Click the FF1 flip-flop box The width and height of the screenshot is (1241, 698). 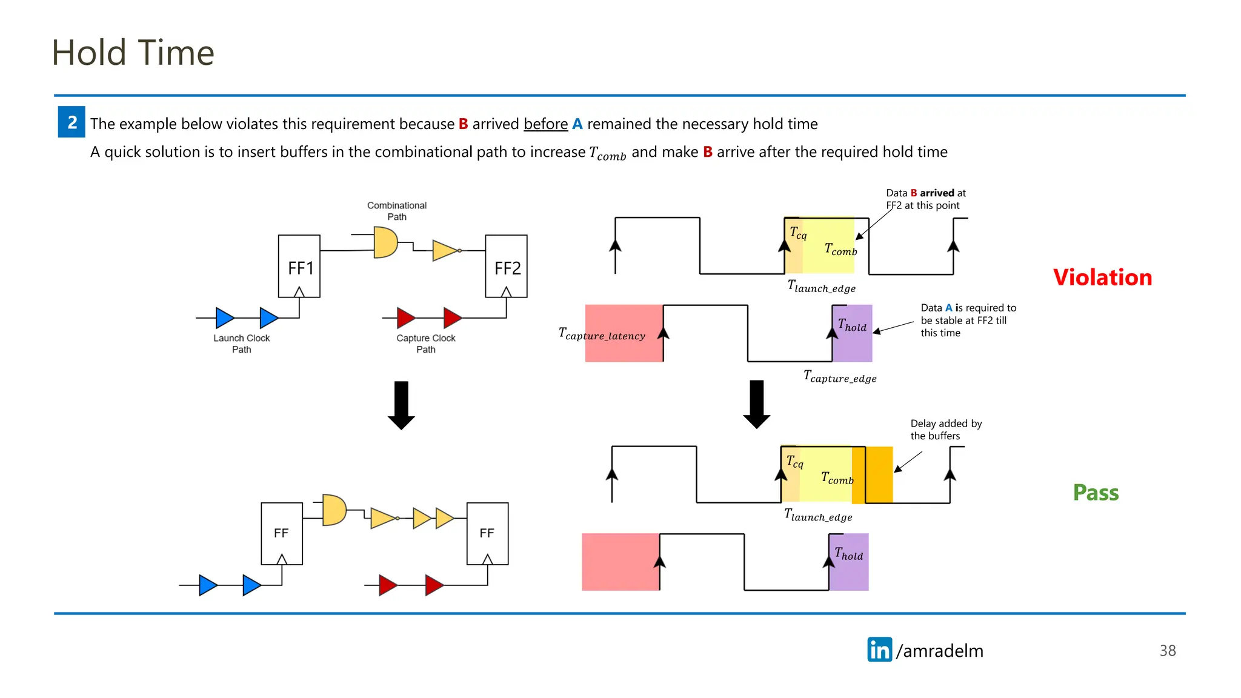pos(299,266)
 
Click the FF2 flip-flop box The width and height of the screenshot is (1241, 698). pos(507,266)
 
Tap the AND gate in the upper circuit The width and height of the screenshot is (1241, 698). pos(385,242)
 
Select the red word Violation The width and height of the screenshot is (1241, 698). pos(1102,278)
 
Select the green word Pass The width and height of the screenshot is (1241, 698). pos(1096,493)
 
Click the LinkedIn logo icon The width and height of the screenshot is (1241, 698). pos(879,650)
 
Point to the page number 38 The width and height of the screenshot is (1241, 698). pos(1167,651)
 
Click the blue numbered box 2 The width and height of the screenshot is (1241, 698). pos(72,122)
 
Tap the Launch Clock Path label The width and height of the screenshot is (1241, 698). pos(241,344)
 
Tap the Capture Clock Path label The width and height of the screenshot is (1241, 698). pos(425,344)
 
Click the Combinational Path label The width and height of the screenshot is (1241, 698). pos(397,211)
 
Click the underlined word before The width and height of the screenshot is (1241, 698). pos(545,124)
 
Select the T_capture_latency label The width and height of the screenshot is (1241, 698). pos(602,334)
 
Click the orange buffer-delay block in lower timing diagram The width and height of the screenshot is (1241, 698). pos(879,475)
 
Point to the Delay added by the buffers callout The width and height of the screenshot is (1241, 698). pos(945,430)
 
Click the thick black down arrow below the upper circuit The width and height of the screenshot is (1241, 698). pos(401,405)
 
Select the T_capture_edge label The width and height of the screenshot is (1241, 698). pos(840,377)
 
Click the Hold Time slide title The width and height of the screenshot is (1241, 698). pos(133,53)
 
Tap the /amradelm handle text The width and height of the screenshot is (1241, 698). pos(939,651)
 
